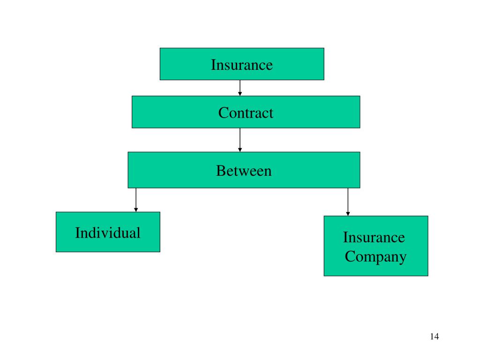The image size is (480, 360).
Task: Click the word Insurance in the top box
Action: (x=241, y=64)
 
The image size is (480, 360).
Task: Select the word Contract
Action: (x=246, y=112)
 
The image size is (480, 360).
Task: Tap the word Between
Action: (x=244, y=171)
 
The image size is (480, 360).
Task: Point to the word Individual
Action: (x=108, y=232)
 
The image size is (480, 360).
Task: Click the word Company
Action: (x=375, y=257)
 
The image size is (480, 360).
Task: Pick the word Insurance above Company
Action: (x=374, y=237)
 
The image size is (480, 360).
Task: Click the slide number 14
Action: (x=434, y=337)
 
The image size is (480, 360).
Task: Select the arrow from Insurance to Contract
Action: (x=240, y=88)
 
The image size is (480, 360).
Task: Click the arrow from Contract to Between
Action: (x=240, y=140)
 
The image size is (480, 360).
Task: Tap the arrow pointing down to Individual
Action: (x=136, y=200)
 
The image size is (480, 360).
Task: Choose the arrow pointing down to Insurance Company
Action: (x=348, y=202)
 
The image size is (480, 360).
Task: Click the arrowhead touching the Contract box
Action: (x=240, y=94)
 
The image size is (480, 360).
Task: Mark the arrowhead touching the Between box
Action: (x=240, y=150)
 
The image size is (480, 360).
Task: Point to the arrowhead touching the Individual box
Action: (x=136, y=210)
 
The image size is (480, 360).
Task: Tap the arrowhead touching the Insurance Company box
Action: (x=348, y=213)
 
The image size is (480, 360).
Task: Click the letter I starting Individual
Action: (x=77, y=232)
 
